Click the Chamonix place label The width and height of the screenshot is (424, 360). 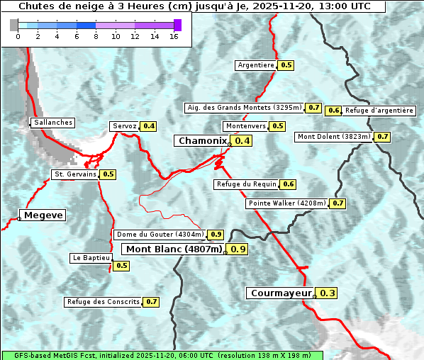(x=202, y=141)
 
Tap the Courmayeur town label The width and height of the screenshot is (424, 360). (x=281, y=293)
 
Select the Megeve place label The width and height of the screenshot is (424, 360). (x=43, y=215)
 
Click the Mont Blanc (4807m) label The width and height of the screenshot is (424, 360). (x=174, y=249)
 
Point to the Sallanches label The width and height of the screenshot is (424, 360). (x=53, y=123)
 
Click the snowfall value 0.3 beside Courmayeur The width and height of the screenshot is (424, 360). (x=328, y=293)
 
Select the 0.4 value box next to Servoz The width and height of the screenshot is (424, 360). (x=149, y=126)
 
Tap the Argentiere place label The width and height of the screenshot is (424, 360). (x=256, y=65)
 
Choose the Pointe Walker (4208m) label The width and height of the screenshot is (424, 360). (x=287, y=203)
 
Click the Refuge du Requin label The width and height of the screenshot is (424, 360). (x=246, y=184)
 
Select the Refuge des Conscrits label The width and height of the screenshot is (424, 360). (x=104, y=302)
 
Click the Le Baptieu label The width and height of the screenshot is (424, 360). (x=90, y=258)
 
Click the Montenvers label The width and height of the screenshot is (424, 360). (x=246, y=126)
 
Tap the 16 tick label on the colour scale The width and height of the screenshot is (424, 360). (x=174, y=36)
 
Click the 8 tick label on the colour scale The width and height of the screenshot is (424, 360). (x=96, y=36)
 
